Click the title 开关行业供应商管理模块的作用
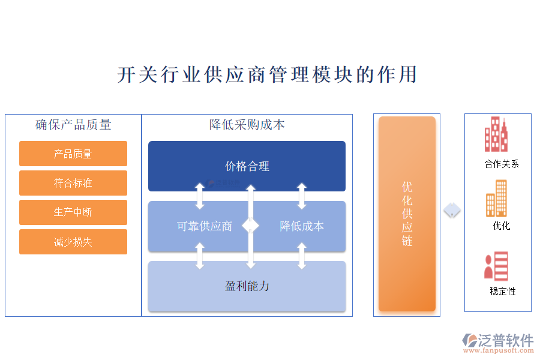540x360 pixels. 267,75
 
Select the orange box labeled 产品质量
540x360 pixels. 73,154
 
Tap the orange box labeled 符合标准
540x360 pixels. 73,183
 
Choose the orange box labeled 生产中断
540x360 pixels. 73,212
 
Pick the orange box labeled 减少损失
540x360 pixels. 73,242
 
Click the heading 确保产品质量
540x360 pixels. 73,125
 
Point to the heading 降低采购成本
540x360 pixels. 247,125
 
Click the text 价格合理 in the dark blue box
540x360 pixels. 247,166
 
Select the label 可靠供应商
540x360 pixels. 205,226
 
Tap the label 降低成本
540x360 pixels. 302,226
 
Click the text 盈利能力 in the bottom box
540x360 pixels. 247,286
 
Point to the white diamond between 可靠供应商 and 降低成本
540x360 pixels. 251,226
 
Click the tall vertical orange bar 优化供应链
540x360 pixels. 407,214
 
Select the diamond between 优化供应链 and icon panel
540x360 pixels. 452,211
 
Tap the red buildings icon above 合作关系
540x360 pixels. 496,134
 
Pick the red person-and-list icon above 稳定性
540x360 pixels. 496,266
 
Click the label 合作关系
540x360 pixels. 502,164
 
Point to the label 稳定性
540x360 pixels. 503,292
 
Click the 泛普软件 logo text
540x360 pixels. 505,340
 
